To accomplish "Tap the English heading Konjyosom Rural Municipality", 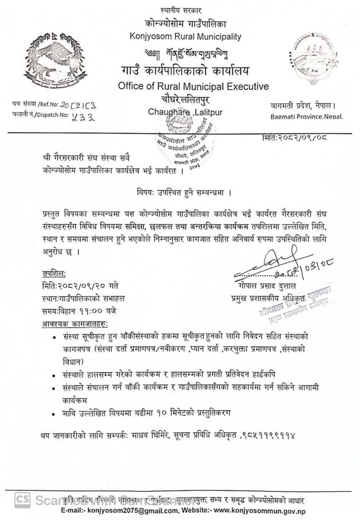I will point(185,37).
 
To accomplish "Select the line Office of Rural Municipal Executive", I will point(193,86).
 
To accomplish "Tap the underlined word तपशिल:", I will point(54,274).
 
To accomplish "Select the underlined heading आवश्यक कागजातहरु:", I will point(74,323).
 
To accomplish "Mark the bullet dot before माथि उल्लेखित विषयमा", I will point(54,413).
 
